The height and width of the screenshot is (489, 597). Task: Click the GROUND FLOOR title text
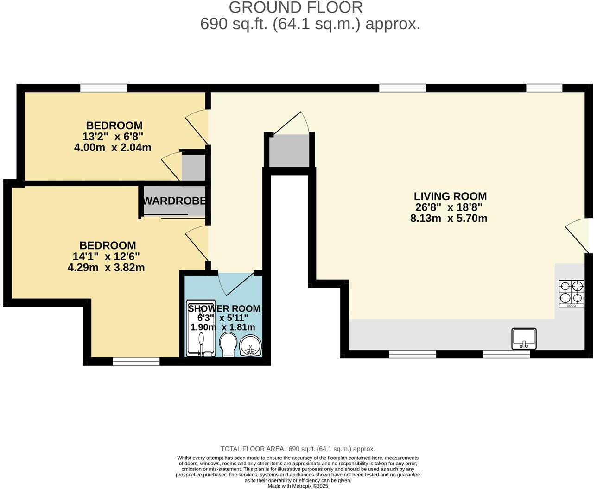(296, 7)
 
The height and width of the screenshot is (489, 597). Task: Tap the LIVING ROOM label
(450, 196)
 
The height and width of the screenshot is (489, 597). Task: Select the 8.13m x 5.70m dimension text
(449, 218)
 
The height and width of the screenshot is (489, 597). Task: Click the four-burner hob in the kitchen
(571, 292)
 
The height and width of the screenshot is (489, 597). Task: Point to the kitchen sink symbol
(524, 339)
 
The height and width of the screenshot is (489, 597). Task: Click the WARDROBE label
(175, 201)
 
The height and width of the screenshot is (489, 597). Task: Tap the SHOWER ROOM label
(224, 308)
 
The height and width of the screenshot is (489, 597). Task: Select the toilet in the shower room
(228, 345)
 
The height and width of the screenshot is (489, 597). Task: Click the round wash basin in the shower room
(251, 345)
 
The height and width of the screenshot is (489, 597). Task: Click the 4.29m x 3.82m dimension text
(106, 267)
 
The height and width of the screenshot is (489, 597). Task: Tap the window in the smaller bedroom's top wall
(103, 88)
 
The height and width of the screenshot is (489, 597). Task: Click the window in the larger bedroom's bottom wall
(136, 361)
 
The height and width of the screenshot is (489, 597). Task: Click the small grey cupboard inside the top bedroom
(193, 167)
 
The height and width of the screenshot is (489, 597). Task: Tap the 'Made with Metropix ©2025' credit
(298, 486)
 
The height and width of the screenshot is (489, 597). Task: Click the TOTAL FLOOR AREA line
(298, 449)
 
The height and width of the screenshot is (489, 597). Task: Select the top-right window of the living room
(544, 88)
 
